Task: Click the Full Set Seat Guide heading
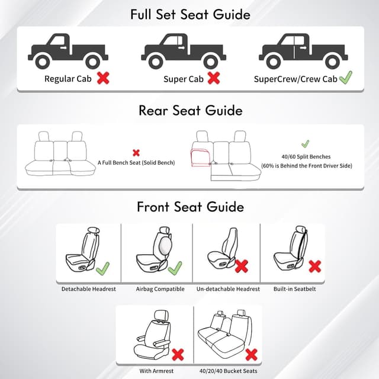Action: pos(189,14)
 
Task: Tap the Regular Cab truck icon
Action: pos(68,52)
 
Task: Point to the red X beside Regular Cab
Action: pos(103,78)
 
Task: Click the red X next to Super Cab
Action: pos(213,78)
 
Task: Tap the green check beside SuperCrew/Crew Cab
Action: pos(345,77)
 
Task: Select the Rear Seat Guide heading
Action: pos(189,111)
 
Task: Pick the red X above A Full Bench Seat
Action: pos(136,152)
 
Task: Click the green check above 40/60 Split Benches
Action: pos(305,144)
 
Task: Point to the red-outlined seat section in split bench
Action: pos(200,159)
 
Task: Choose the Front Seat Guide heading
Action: pos(189,207)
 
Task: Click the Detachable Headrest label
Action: pos(89,289)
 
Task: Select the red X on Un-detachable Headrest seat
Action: pos(242,266)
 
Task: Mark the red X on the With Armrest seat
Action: pos(177,354)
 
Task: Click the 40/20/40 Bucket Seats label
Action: pos(228,371)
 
